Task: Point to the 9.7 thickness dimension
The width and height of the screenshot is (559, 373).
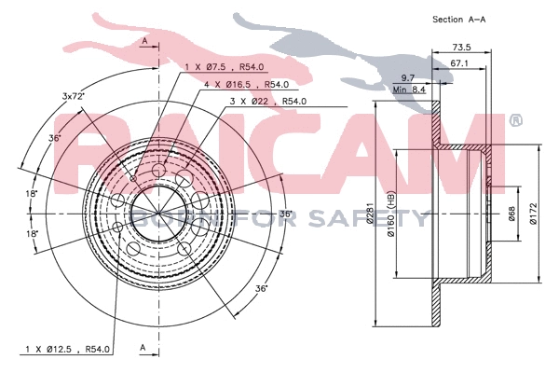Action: (x=408, y=78)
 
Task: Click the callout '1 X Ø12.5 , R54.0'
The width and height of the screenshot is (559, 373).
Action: (x=67, y=349)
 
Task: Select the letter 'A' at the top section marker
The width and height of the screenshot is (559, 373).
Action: (x=144, y=42)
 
